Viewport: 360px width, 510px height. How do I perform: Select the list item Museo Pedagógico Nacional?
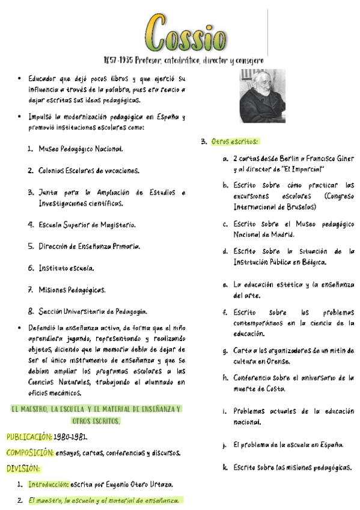(81, 149)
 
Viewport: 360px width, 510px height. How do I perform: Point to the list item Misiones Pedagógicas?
(72, 290)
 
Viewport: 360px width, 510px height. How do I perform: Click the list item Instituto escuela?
(66, 268)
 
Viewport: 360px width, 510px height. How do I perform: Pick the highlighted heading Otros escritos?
(235, 142)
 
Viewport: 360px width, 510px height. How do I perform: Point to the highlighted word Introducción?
(49, 484)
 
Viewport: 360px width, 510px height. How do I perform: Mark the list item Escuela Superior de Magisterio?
(87, 225)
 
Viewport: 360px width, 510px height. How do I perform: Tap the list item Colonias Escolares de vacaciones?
(88, 171)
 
